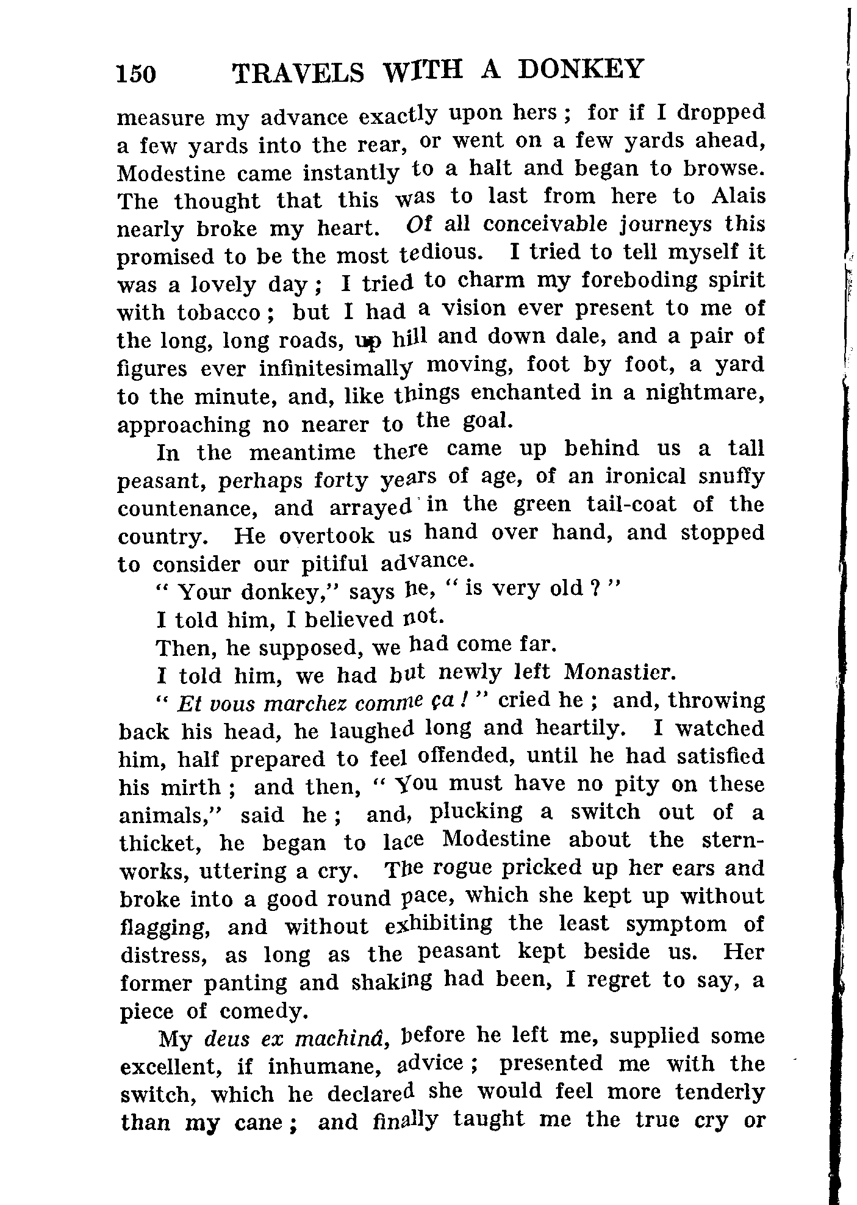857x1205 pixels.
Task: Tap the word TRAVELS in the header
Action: [x=298, y=73]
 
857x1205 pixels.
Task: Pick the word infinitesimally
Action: [x=335, y=368]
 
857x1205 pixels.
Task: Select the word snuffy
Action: [x=731, y=476]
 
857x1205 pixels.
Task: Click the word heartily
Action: [x=579, y=728]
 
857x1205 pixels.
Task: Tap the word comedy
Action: [x=261, y=1011]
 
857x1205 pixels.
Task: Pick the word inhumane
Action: [x=325, y=1067]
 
